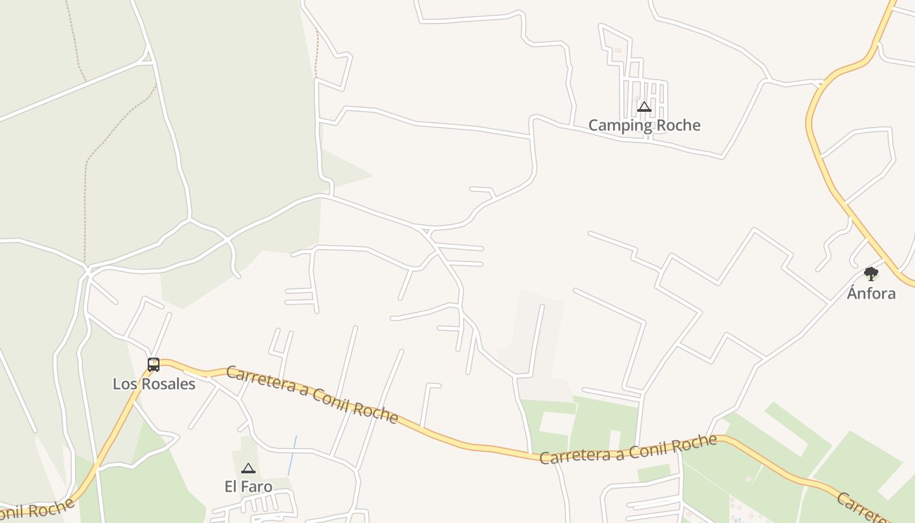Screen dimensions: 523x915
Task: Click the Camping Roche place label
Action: (x=644, y=125)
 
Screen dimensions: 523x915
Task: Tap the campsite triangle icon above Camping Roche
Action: (x=644, y=107)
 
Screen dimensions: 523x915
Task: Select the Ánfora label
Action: (x=871, y=293)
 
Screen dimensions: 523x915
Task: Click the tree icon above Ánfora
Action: (x=871, y=274)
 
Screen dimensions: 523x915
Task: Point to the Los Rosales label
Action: (x=154, y=384)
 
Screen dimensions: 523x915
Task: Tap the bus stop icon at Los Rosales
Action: (x=154, y=365)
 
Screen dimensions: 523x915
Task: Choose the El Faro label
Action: (x=248, y=486)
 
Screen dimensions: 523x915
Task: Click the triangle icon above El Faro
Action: (x=248, y=468)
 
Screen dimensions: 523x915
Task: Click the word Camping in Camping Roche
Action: (x=618, y=126)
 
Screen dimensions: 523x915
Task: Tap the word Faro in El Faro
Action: (x=257, y=486)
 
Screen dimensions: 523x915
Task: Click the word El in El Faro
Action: (x=231, y=486)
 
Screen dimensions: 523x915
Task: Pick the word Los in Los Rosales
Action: (x=124, y=384)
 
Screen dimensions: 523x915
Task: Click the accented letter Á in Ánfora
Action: (x=852, y=292)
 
